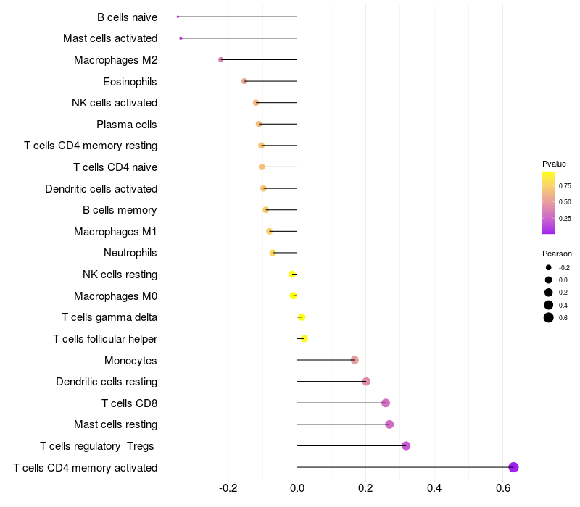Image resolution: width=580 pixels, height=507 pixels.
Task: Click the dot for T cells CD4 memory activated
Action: pyautogui.click(x=513, y=467)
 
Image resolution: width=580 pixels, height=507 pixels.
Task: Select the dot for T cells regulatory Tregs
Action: pyautogui.click(x=406, y=445)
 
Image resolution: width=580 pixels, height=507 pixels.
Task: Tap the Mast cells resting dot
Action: pyautogui.click(x=389, y=424)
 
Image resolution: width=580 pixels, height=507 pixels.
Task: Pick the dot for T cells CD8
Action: pyautogui.click(x=386, y=403)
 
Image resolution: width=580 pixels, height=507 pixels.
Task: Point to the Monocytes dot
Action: pyautogui.click(x=355, y=360)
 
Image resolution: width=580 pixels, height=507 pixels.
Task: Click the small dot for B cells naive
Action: pyautogui.click(x=178, y=17)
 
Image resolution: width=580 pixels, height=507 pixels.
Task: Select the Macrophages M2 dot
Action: pyautogui.click(x=221, y=59)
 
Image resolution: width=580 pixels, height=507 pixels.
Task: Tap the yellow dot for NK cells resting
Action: pyautogui.click(x=292, y=274)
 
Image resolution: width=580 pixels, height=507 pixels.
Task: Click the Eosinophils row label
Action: pyautogui.click(x=130, y=81)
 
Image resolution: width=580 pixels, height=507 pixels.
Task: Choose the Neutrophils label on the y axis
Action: pyautogui.click(x=130, y=253)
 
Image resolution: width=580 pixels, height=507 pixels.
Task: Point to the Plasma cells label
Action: pyautogui.click(x=127, y=125)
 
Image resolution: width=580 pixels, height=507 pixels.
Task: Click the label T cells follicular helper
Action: pyautogui.click(x=105, y=338)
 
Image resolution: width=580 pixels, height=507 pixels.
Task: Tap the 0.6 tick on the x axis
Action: pyautogui.click(x=502, y=488)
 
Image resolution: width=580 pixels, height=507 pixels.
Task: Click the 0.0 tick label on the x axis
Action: pyautogui.click(x=297, y=488)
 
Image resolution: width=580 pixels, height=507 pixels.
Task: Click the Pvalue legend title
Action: pyautogui.click(x=554, y=164)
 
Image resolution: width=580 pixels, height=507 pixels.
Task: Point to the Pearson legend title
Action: pyautogui.click(x=557, y=253)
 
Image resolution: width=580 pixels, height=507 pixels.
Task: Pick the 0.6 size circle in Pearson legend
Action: pyautogui.click(x=549, y=318)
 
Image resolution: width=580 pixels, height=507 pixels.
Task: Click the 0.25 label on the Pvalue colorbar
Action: pyautogui.click(x=565, y=218)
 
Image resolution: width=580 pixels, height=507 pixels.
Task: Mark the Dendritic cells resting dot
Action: pyautogui.click(x=366, y=382)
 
